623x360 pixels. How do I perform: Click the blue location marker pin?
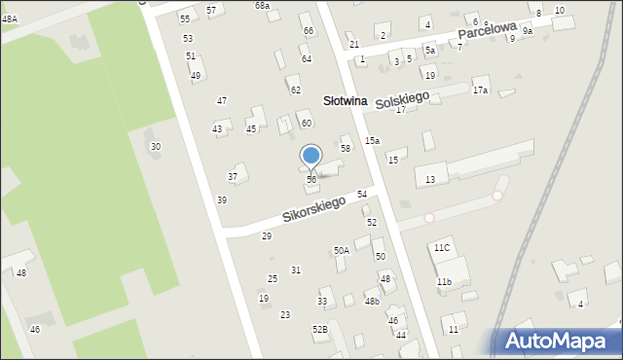311,156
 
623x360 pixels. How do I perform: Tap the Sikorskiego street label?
314,208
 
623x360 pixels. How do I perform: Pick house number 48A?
10,18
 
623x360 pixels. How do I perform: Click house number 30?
155,147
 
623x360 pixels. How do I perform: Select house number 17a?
480,90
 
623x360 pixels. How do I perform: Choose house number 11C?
442,248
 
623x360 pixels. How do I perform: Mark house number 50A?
341,251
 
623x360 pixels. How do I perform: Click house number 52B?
319,330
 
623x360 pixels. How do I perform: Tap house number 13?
430,180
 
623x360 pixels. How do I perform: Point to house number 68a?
262,6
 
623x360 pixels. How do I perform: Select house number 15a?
372,141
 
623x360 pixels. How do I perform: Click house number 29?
267,236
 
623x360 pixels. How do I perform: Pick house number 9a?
527,31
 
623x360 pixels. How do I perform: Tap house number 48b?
372,302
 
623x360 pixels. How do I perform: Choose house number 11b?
444,282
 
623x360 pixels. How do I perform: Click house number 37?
233,177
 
